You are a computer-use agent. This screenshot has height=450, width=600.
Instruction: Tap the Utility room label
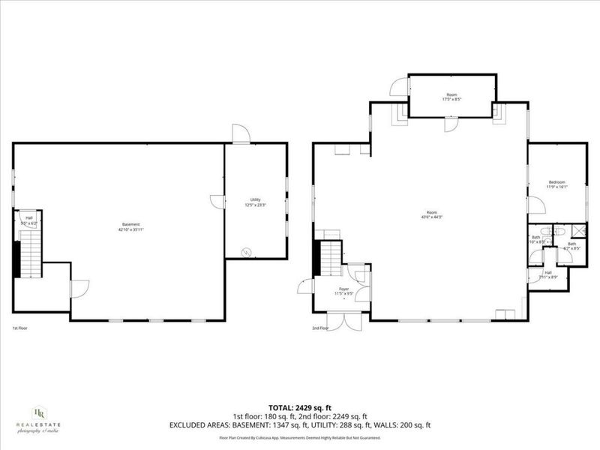tap(255, 199)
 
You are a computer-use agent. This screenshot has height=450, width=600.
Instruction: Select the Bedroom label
tap(556, 182)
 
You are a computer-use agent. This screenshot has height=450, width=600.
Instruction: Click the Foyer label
tap(343, 289)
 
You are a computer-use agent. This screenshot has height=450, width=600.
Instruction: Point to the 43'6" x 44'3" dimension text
tap(432, 217)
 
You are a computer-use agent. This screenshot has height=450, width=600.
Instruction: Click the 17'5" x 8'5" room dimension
tap(451, 99)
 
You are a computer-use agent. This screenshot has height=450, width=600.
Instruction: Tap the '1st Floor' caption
tap(19, 328)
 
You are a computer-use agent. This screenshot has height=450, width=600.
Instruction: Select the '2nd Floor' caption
tap(320, 328)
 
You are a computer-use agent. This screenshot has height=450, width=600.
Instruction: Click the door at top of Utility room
tap(241, 134)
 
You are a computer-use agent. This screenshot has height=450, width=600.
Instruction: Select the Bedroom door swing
tap(535, 205)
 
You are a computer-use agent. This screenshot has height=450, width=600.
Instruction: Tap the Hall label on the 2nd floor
tap(547, 272)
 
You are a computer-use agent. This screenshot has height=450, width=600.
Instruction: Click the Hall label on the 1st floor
tap(29, 218)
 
